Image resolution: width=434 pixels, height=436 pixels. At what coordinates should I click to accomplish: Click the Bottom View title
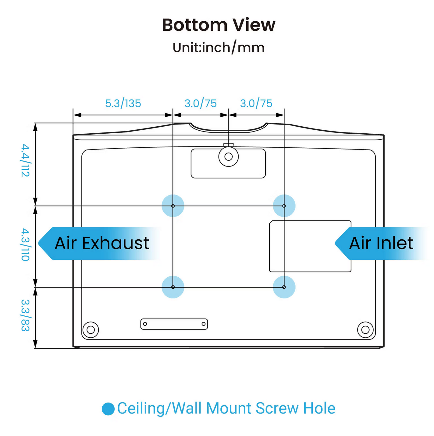click(219, 25)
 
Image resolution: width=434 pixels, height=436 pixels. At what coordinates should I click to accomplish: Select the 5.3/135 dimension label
click(123, 104)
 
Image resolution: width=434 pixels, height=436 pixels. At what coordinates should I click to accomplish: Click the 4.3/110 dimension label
click(25, 244)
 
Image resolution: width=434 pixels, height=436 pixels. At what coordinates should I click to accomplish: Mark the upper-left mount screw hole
click(173, 206)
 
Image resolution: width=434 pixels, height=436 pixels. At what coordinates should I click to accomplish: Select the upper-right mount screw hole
click(284, 206)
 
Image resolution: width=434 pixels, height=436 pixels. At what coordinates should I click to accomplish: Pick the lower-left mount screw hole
click(173, 287)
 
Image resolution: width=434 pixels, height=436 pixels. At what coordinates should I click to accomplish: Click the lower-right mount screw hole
click(284, 287)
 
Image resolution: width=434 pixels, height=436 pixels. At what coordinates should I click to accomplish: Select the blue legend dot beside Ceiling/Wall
click(108, 409)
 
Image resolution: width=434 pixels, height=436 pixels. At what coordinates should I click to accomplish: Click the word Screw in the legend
click(277, 408)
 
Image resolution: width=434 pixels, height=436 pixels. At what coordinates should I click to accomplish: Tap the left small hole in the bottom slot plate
click(145, 324)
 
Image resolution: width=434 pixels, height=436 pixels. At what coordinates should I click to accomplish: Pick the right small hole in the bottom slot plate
click(203, 324)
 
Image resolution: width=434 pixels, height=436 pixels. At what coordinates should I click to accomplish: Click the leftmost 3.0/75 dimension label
click(201, 104)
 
